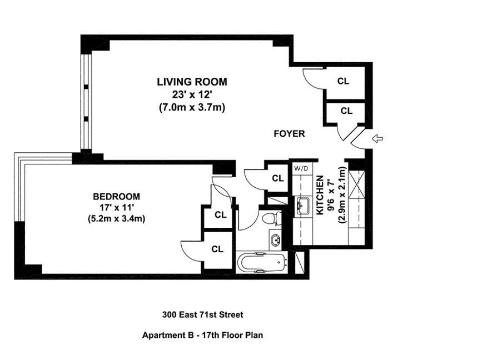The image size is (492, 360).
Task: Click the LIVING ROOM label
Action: pos(192,82)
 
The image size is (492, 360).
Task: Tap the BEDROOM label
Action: pos(116,196)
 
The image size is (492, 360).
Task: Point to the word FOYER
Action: pos(289,134)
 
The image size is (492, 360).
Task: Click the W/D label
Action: pos(301,167)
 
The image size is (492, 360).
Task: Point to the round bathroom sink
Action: pos(276,241)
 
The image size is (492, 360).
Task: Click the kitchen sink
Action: pos(302,206)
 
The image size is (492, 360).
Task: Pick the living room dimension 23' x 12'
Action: pos(192,94)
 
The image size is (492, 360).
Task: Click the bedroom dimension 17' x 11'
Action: pos(116,208)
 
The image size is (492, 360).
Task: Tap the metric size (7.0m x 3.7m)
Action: pos(192,107)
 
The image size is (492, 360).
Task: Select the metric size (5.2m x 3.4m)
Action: pos(116,219)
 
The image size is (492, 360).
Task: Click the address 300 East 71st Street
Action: pos(202,315)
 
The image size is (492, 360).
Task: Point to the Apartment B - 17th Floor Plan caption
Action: pos(202,335)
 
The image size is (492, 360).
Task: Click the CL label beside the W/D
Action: pos(278,178)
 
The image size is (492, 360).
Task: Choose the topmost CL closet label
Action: pos(344,81)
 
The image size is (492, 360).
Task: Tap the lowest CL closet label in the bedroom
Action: pos(217,249)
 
